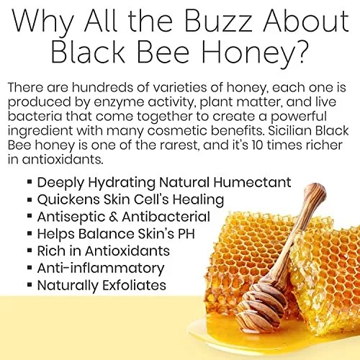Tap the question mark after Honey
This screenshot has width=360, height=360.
pos(300,50)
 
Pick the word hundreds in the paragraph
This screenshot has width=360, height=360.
pos(102,87)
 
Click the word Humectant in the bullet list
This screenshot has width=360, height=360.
pos(252,182)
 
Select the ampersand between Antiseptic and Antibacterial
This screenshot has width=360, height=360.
pos(113,217)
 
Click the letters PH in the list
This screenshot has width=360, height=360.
pos(186,234)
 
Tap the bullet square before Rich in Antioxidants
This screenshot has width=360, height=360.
pos(30,251)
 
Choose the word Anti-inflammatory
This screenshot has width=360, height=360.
pos(101,269)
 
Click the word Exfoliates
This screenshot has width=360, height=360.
pos(134,285)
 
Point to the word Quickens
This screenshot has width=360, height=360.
pos(68,199)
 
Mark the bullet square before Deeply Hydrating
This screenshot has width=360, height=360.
pos(30,181)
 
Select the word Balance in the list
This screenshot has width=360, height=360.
pos(106,234)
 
